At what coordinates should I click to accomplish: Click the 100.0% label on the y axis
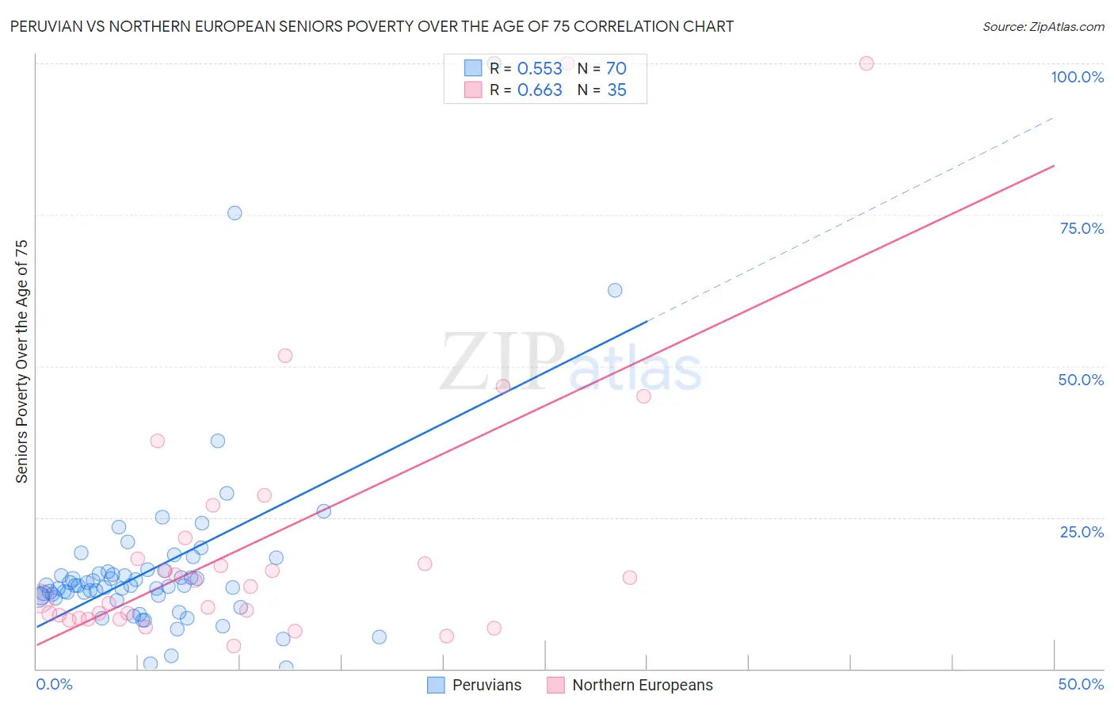coord(1077,77)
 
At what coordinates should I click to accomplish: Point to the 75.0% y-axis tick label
coord(1082,228)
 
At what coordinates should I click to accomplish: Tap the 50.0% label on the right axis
coord(1081,380)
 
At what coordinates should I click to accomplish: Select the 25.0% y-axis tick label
coord(1082,531)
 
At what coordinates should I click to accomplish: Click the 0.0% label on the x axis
coord(54,684)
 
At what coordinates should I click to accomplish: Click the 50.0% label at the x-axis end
coord(1081,684)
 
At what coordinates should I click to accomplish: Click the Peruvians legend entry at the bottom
coord(475,685)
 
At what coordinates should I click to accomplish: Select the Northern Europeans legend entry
coord(630,685)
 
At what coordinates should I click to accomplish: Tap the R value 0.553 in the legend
coord(540,69)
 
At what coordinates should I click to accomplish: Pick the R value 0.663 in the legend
coord(540,90)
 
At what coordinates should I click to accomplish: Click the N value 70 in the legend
coord(616,69)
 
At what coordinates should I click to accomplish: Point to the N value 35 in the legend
coord(616,90)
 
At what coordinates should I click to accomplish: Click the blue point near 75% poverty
coord(235,213)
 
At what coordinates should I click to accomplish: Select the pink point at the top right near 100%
coord(866,63)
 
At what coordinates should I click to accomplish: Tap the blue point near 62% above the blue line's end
coord(615,290)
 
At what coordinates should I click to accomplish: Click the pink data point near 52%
coord(285,356)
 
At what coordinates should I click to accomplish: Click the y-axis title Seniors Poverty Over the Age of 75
coord(22,361)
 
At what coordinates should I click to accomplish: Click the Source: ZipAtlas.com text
coord(1043,27)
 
